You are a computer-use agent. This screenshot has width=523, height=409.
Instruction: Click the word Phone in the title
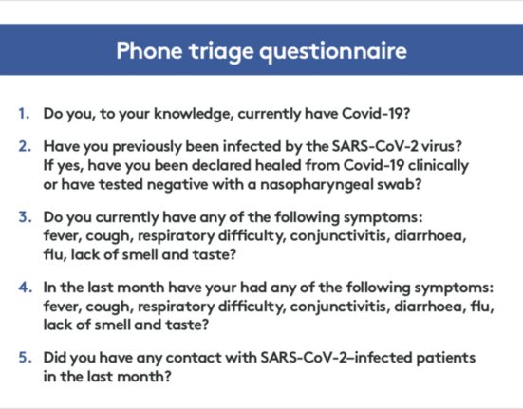149,50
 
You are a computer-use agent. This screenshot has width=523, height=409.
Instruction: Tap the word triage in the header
221,52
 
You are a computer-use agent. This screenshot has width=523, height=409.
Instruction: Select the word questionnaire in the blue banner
333,52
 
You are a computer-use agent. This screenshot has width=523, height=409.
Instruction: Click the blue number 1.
24,114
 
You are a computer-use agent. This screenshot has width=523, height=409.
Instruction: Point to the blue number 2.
25,146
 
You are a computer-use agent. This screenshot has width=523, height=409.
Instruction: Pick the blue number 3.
25,216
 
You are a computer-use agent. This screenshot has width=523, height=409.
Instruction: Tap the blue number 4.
26,287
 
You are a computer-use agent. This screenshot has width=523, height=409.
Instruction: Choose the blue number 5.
26,358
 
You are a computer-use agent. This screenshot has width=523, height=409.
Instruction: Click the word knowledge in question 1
194,114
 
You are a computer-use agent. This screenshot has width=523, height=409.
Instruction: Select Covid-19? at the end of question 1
376,114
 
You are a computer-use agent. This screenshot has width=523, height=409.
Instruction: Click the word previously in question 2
147,147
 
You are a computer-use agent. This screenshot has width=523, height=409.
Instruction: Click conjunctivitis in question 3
340,236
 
